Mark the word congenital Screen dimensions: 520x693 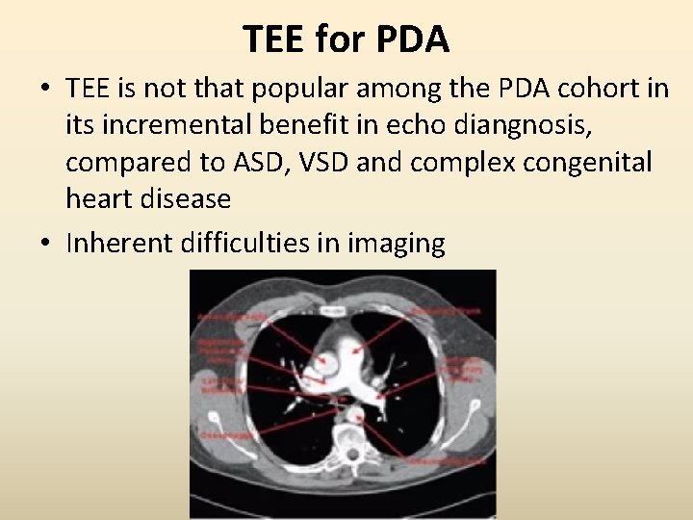(586, 163)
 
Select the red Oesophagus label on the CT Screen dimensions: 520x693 (227, 436)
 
